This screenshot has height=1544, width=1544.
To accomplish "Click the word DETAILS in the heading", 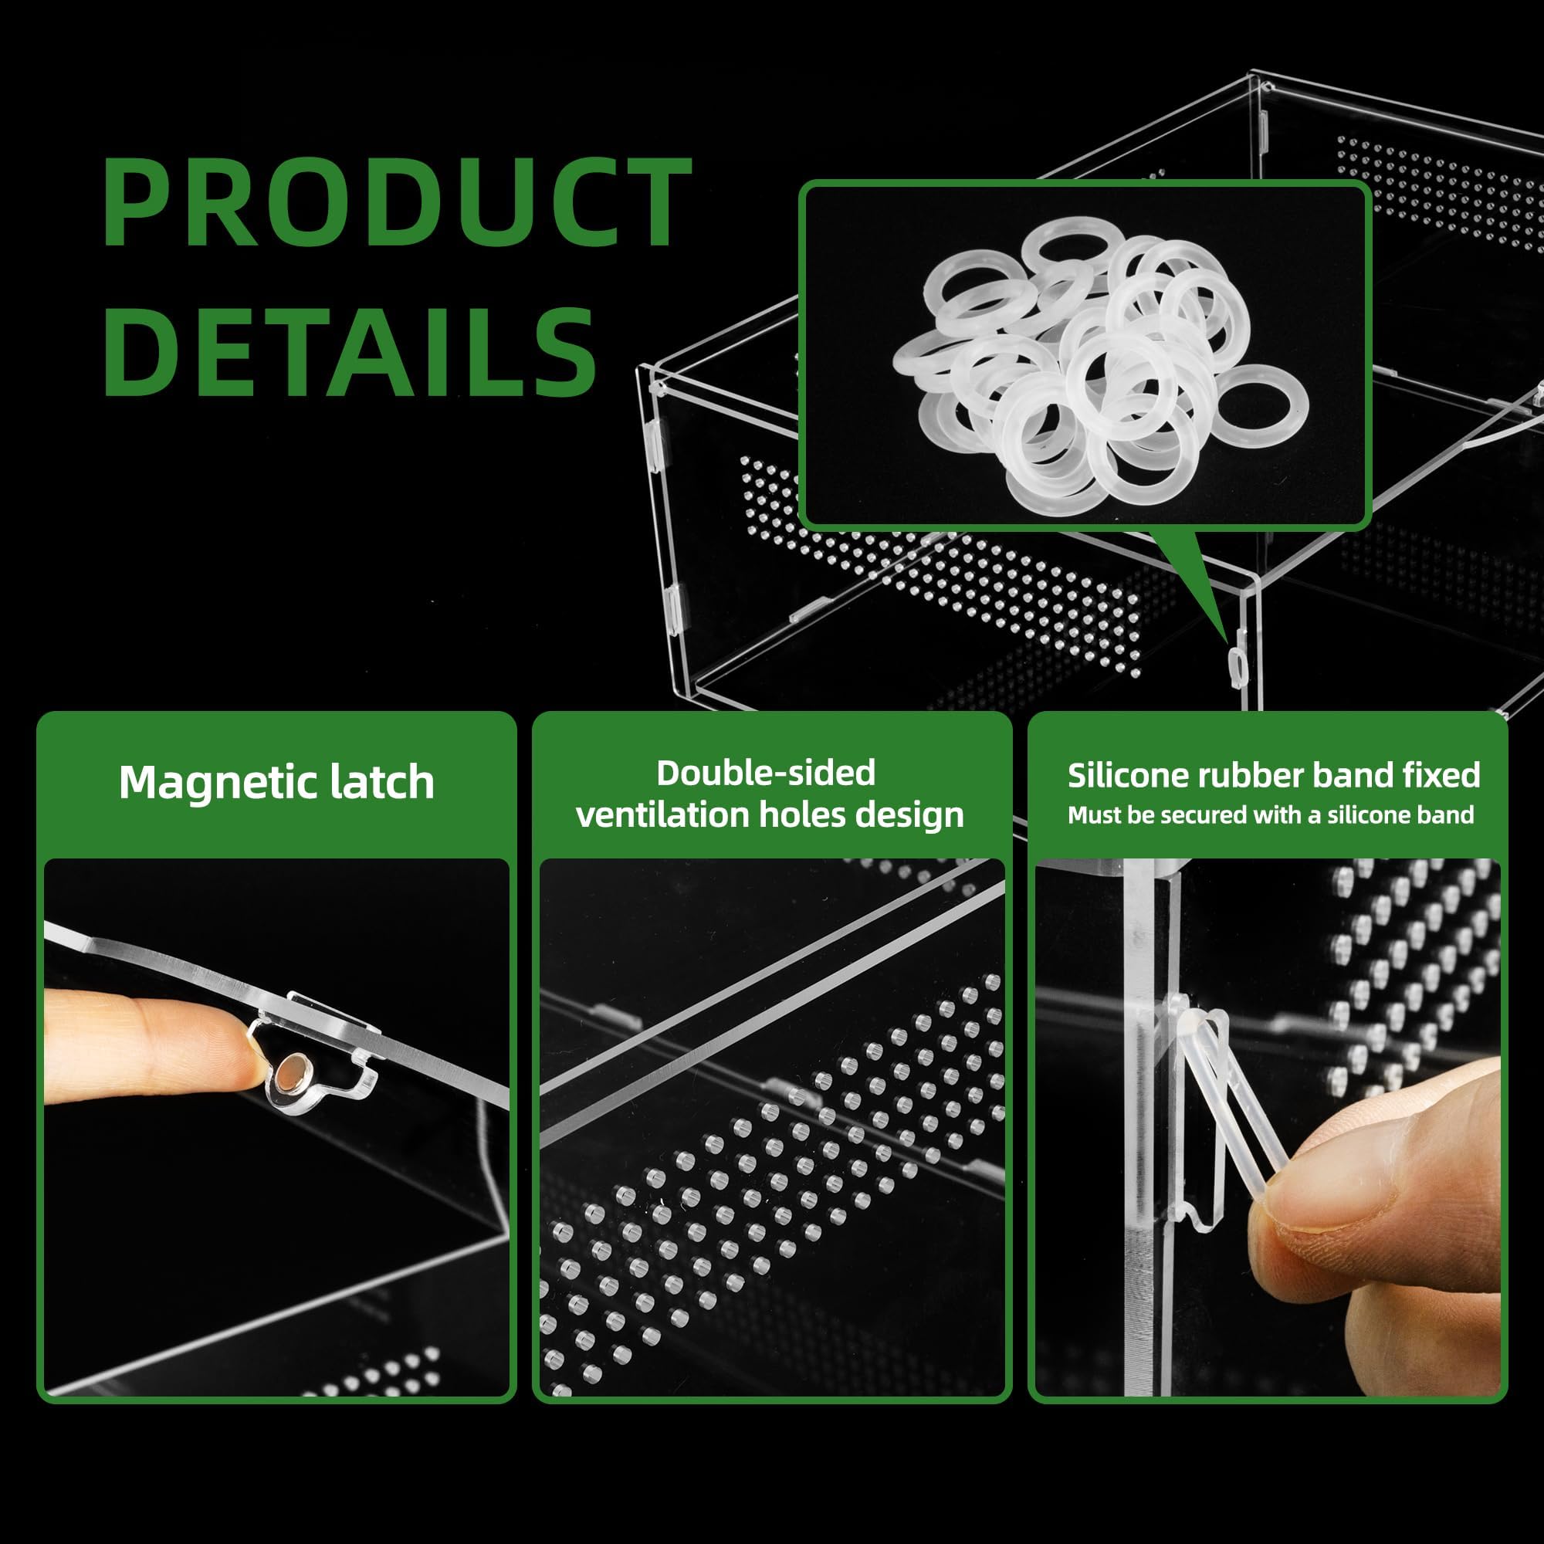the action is (350, 350).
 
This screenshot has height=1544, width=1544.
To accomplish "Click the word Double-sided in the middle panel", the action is (766, 773).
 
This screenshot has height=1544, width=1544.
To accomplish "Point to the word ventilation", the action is (662, 814).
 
